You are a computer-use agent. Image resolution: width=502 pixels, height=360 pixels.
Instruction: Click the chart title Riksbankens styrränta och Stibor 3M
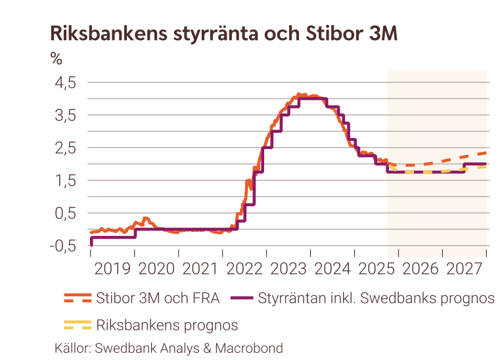[223, 34]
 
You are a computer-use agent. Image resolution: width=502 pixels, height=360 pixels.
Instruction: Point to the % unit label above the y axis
[57, 59]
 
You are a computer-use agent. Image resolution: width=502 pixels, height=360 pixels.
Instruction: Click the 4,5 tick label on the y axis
[64, 83]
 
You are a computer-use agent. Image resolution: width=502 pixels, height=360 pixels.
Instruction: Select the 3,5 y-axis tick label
[64, 115]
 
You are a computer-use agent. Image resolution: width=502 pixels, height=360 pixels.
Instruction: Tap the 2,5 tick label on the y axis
[64, 148]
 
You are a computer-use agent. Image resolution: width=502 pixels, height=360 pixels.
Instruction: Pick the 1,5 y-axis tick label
[64, 181]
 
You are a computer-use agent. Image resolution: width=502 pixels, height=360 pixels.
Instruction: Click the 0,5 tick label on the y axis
[64, 213]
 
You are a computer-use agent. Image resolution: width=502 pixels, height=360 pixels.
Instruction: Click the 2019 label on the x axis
[113, 268]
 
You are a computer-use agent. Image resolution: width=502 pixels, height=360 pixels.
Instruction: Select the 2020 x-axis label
[157, 268]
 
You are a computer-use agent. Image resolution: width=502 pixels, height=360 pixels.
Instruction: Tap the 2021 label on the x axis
[201, 268]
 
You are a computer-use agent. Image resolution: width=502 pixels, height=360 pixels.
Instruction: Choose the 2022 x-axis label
[245, 268]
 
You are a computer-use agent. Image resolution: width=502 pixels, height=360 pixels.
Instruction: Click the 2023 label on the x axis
[289, 268]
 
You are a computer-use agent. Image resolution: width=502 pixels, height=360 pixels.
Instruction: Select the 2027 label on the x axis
[465, 268]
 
